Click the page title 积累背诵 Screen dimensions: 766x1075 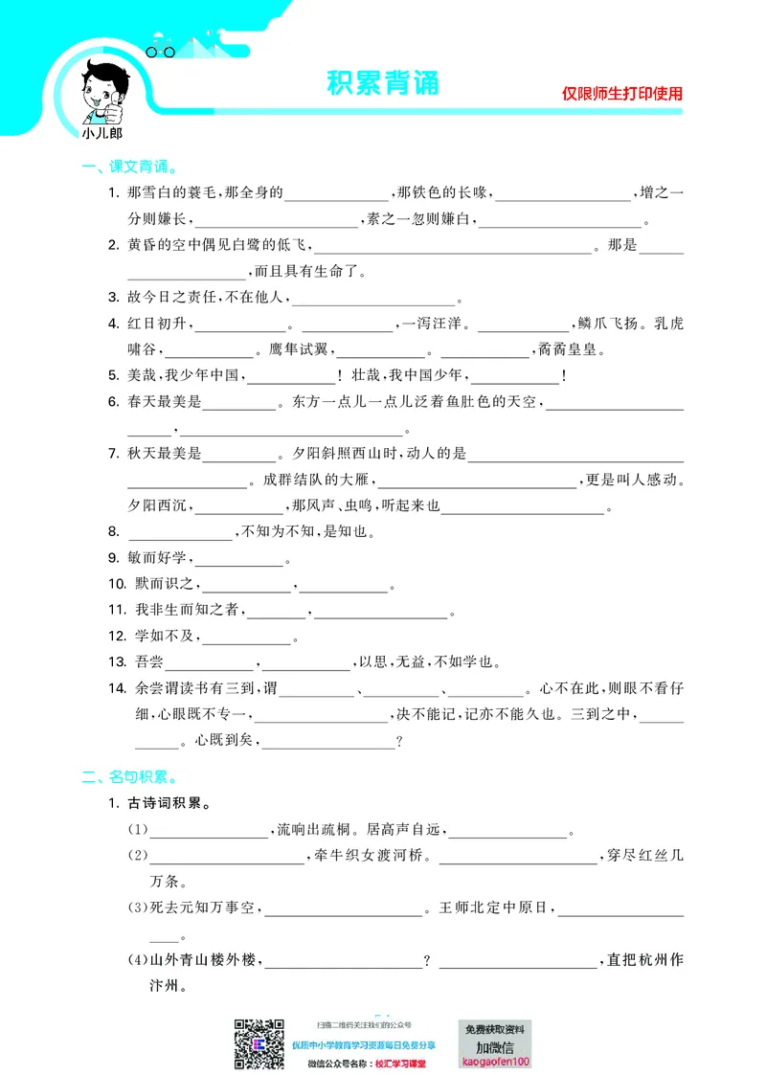coord(382,83)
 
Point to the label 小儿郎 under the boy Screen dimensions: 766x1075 coord(102,134)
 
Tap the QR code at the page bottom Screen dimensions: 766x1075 coord(259,1043)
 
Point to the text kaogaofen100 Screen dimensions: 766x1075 coord(495,1061)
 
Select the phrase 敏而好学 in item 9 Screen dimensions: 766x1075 coord(159,557)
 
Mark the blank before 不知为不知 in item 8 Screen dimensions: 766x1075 coord(179,533)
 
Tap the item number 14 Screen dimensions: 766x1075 coord(116,687)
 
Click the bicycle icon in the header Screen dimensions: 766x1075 coord(161,51)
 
